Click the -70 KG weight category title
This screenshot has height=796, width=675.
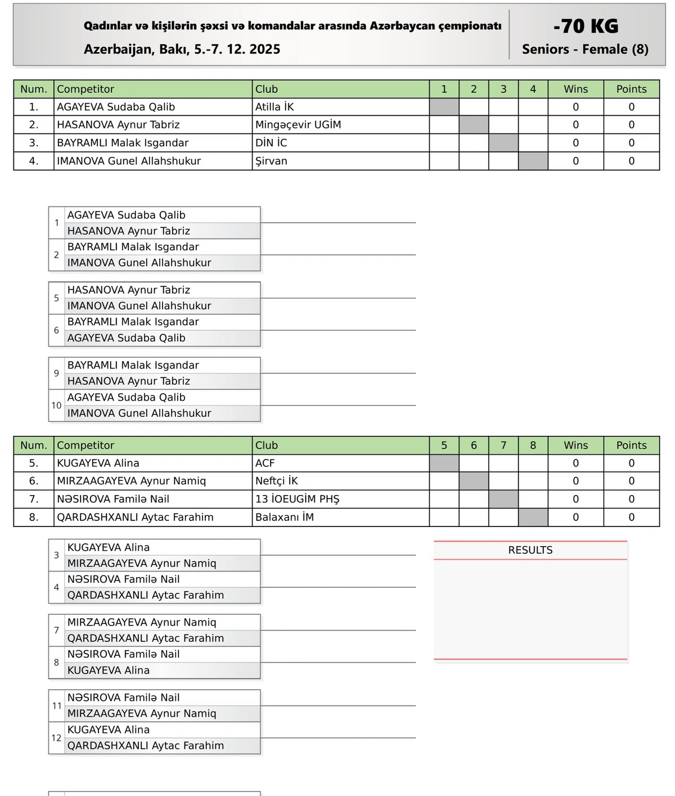586,26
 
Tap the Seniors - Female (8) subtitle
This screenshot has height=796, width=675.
585,50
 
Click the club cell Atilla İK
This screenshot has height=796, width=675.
274,107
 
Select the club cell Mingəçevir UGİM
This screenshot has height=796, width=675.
298,125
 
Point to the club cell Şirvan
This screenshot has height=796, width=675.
271,161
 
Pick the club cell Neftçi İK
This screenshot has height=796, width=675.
277,481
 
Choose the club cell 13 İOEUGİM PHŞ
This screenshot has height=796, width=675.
298,499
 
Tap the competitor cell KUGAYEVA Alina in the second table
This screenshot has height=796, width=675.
98,463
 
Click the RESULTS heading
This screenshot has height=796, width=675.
530,550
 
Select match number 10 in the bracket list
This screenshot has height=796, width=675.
56,406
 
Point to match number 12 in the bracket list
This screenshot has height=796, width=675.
56,738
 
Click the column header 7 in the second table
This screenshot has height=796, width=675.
503,446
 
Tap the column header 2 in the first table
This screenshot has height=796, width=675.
474,89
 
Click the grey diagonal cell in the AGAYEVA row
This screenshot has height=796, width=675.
444,107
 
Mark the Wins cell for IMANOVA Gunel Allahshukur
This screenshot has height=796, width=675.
575,161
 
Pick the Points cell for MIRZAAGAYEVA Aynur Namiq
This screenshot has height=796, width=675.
631,481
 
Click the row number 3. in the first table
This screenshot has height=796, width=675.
34,143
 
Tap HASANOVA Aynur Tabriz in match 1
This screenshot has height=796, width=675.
129,231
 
